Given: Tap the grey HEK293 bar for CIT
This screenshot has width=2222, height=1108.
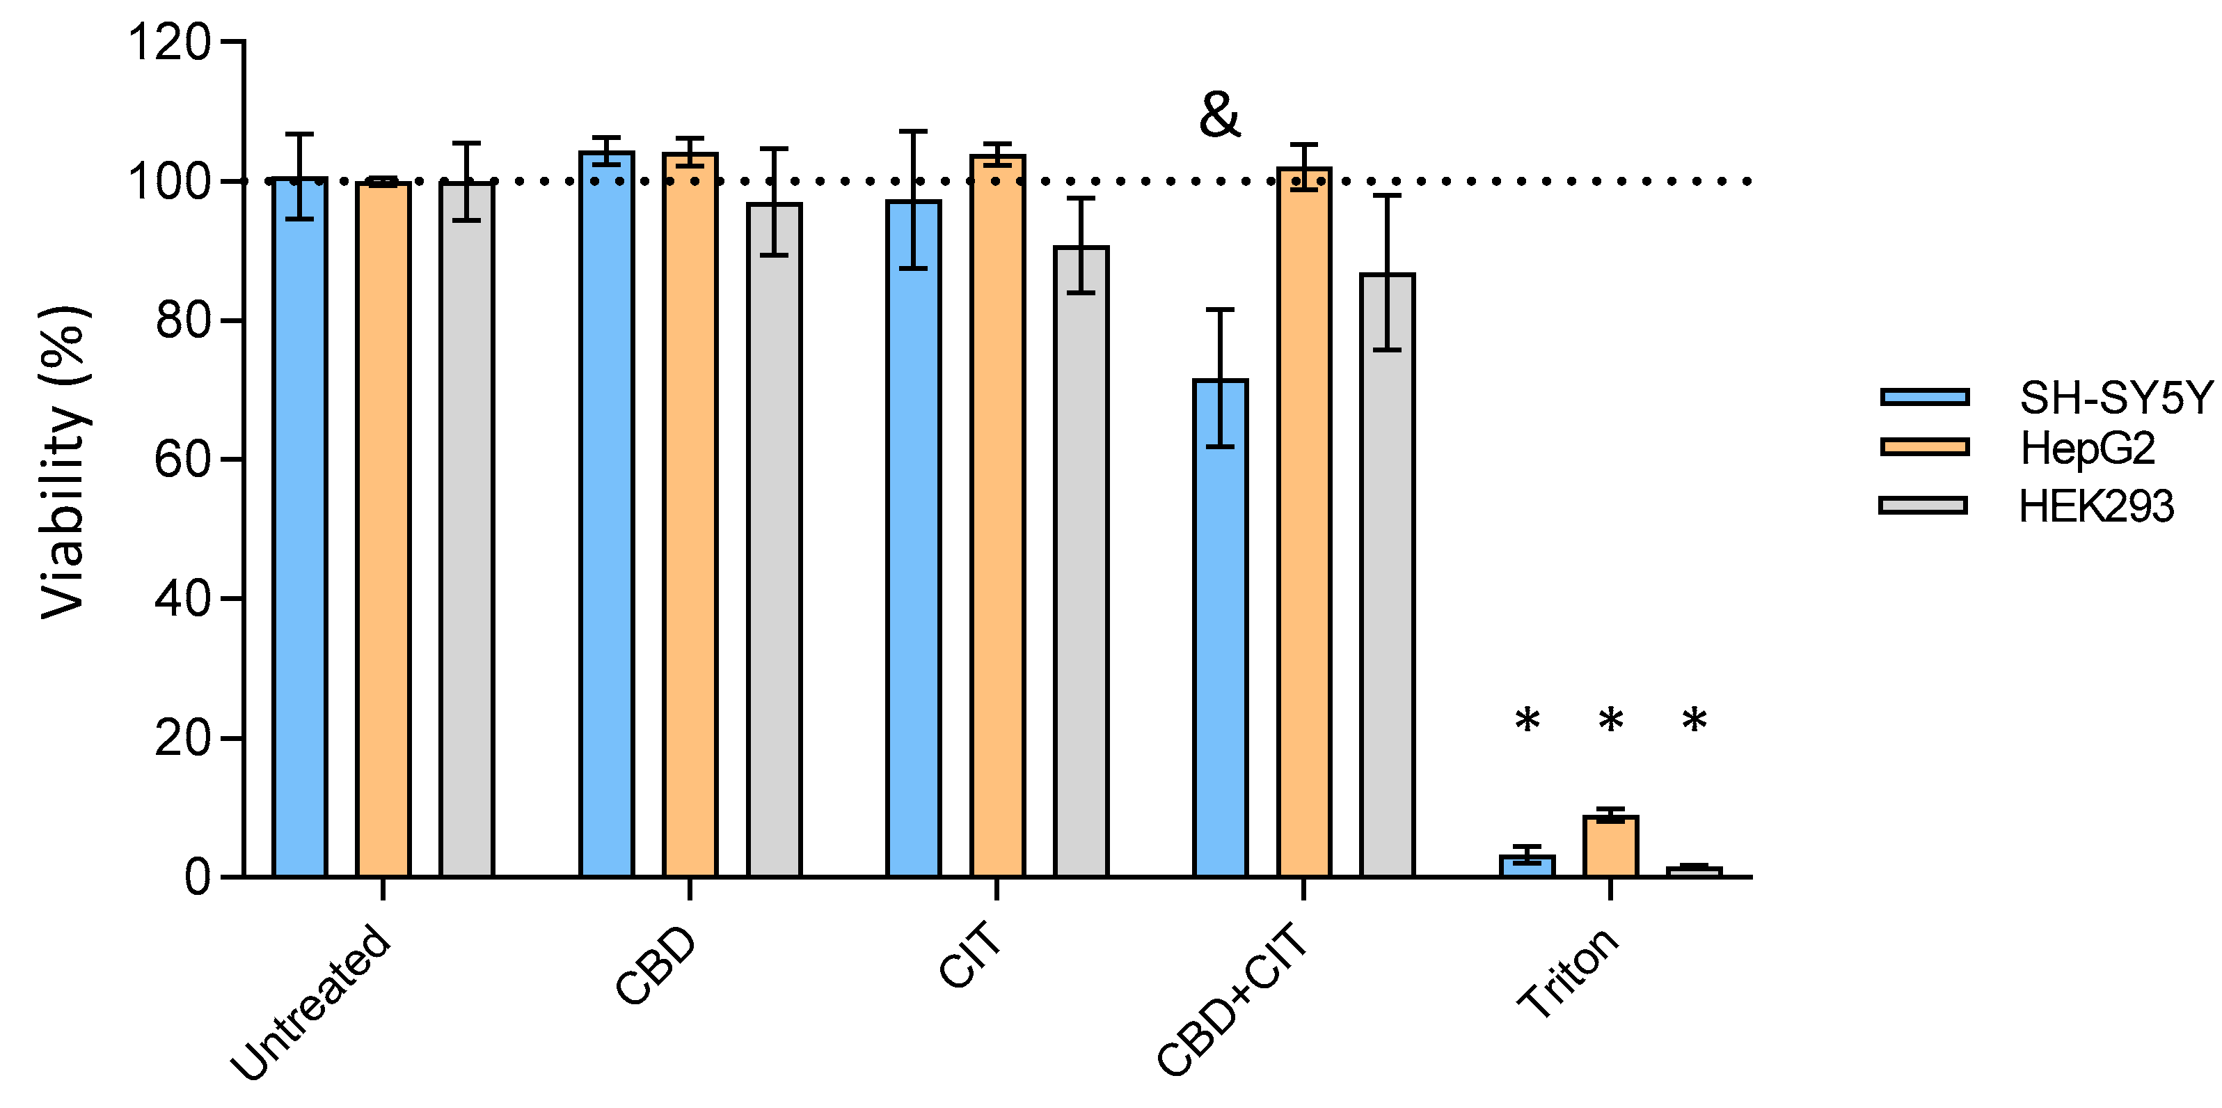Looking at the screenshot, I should click(1081, 561).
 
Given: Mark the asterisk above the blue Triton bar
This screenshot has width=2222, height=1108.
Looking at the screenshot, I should click(1527, 721).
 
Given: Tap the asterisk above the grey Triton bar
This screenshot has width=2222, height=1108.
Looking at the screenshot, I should click(1694, 721).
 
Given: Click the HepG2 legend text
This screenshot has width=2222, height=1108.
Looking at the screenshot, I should click(2088, 448).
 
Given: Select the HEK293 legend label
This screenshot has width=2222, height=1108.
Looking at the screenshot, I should click(2096, 506).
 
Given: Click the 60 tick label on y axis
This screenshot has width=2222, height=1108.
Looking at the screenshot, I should click(182, 459).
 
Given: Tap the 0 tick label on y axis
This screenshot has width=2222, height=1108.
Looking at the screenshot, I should click(197, 877).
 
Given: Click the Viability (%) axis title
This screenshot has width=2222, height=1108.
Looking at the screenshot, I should click(65, 462).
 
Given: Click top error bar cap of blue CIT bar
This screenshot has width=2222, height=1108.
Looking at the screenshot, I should click(914, 131).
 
